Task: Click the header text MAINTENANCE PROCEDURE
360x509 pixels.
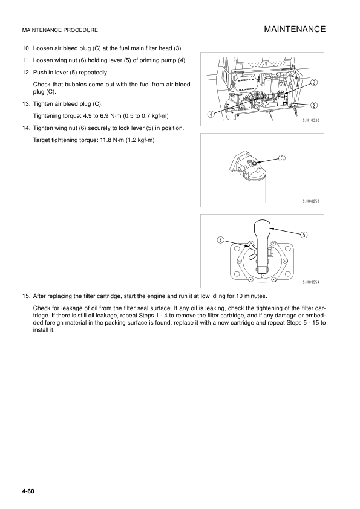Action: [x=60, y=31]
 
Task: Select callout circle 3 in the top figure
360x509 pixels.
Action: [x=315, y=82]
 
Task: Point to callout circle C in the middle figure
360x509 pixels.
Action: [x=283, y=158]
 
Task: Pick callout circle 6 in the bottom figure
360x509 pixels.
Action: [x=221, y=240]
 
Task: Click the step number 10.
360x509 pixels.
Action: [x=25, y=48]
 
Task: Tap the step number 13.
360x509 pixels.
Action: [x=25, y=104]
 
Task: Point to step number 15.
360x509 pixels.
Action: [x=25, y=296]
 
